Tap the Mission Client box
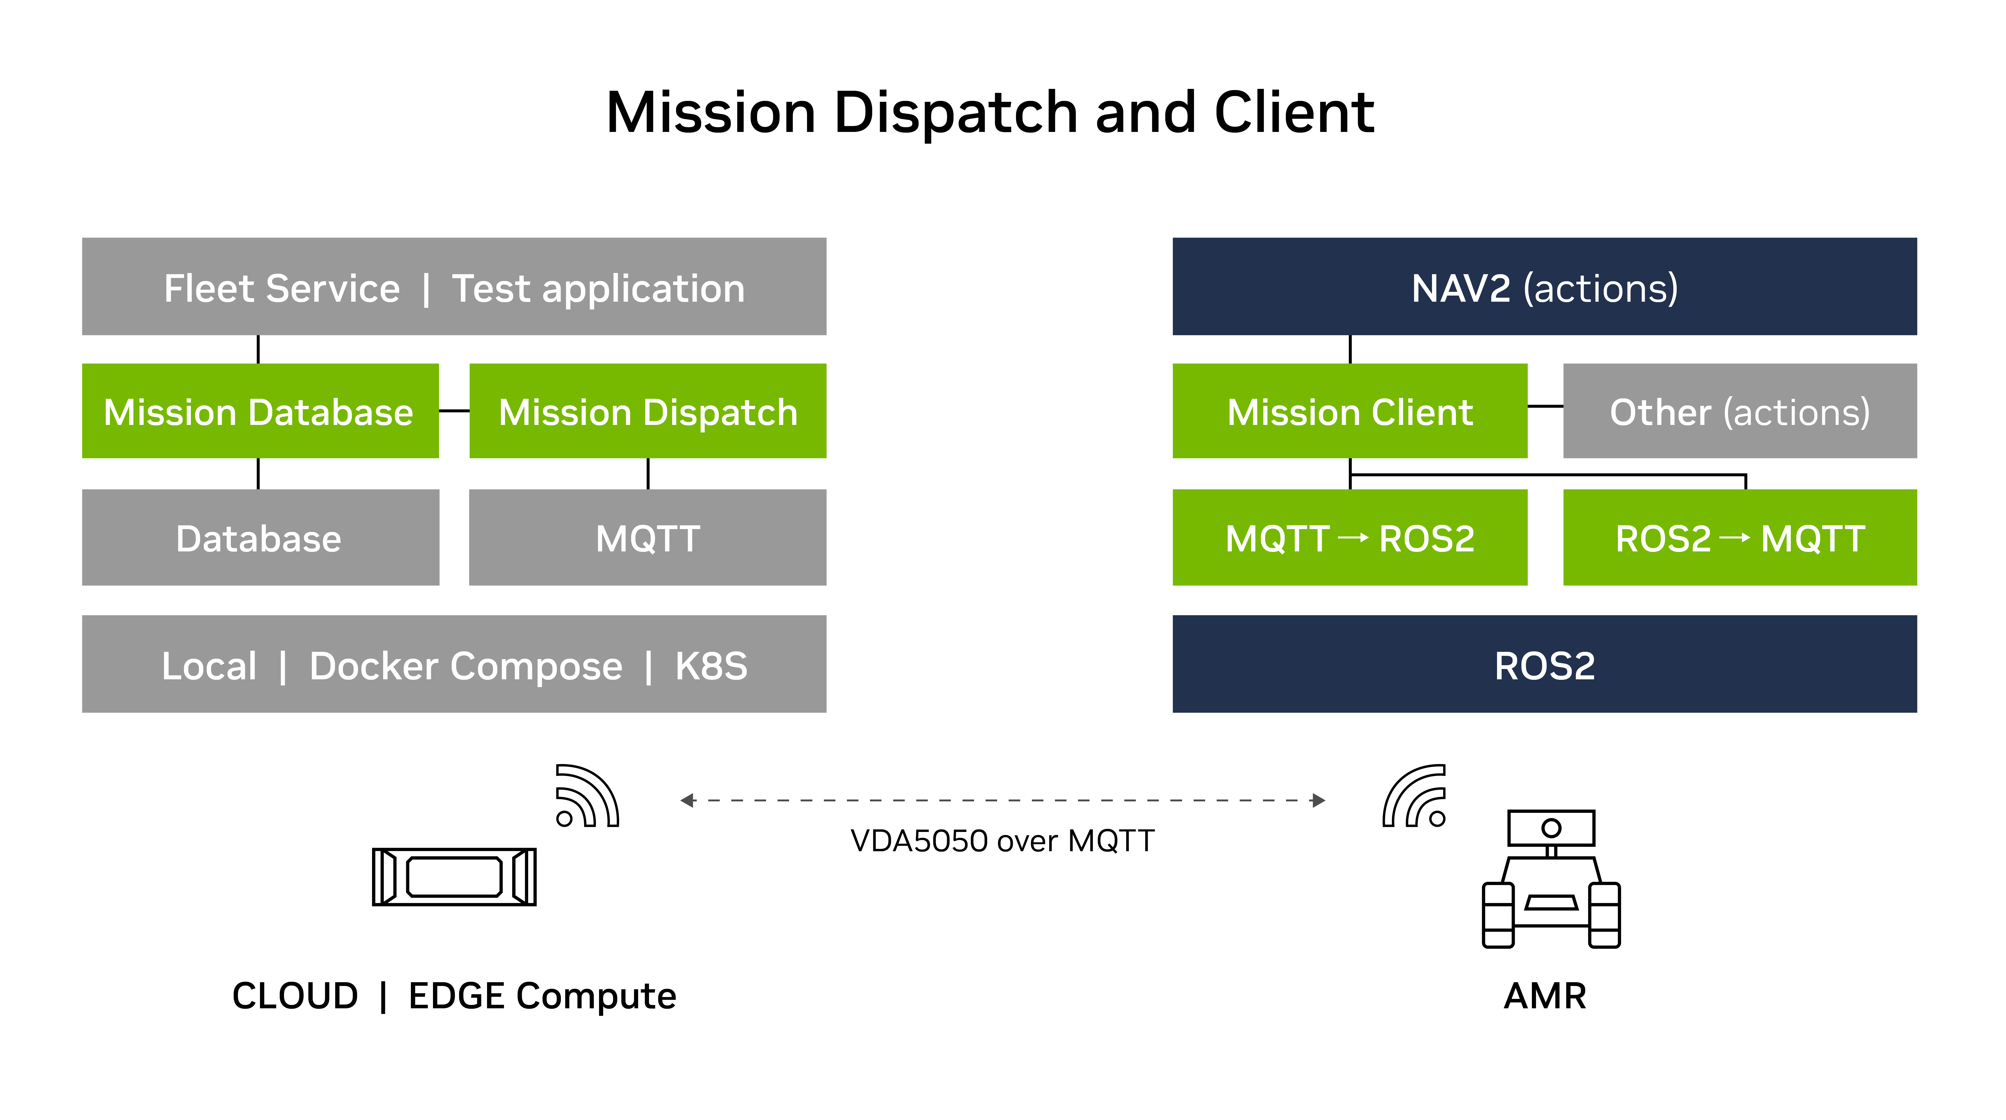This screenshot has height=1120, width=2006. click(1349, 411)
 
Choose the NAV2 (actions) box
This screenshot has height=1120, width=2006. click(1544, 287)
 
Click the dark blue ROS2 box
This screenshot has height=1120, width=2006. click(1544, 664)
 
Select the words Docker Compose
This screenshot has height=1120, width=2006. click(466, 666)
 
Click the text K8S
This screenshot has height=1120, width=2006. click(711, 666)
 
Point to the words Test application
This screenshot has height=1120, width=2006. click(598, 288)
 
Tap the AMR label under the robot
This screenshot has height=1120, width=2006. click(1544, 995)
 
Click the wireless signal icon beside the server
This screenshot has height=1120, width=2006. click(586, 796)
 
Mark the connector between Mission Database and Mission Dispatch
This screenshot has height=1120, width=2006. click(454, 411)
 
